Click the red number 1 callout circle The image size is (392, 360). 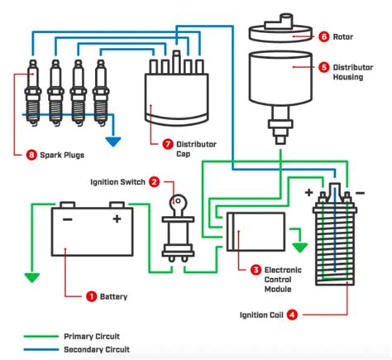coord(91,295)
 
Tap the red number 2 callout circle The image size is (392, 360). coord(155,182)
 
